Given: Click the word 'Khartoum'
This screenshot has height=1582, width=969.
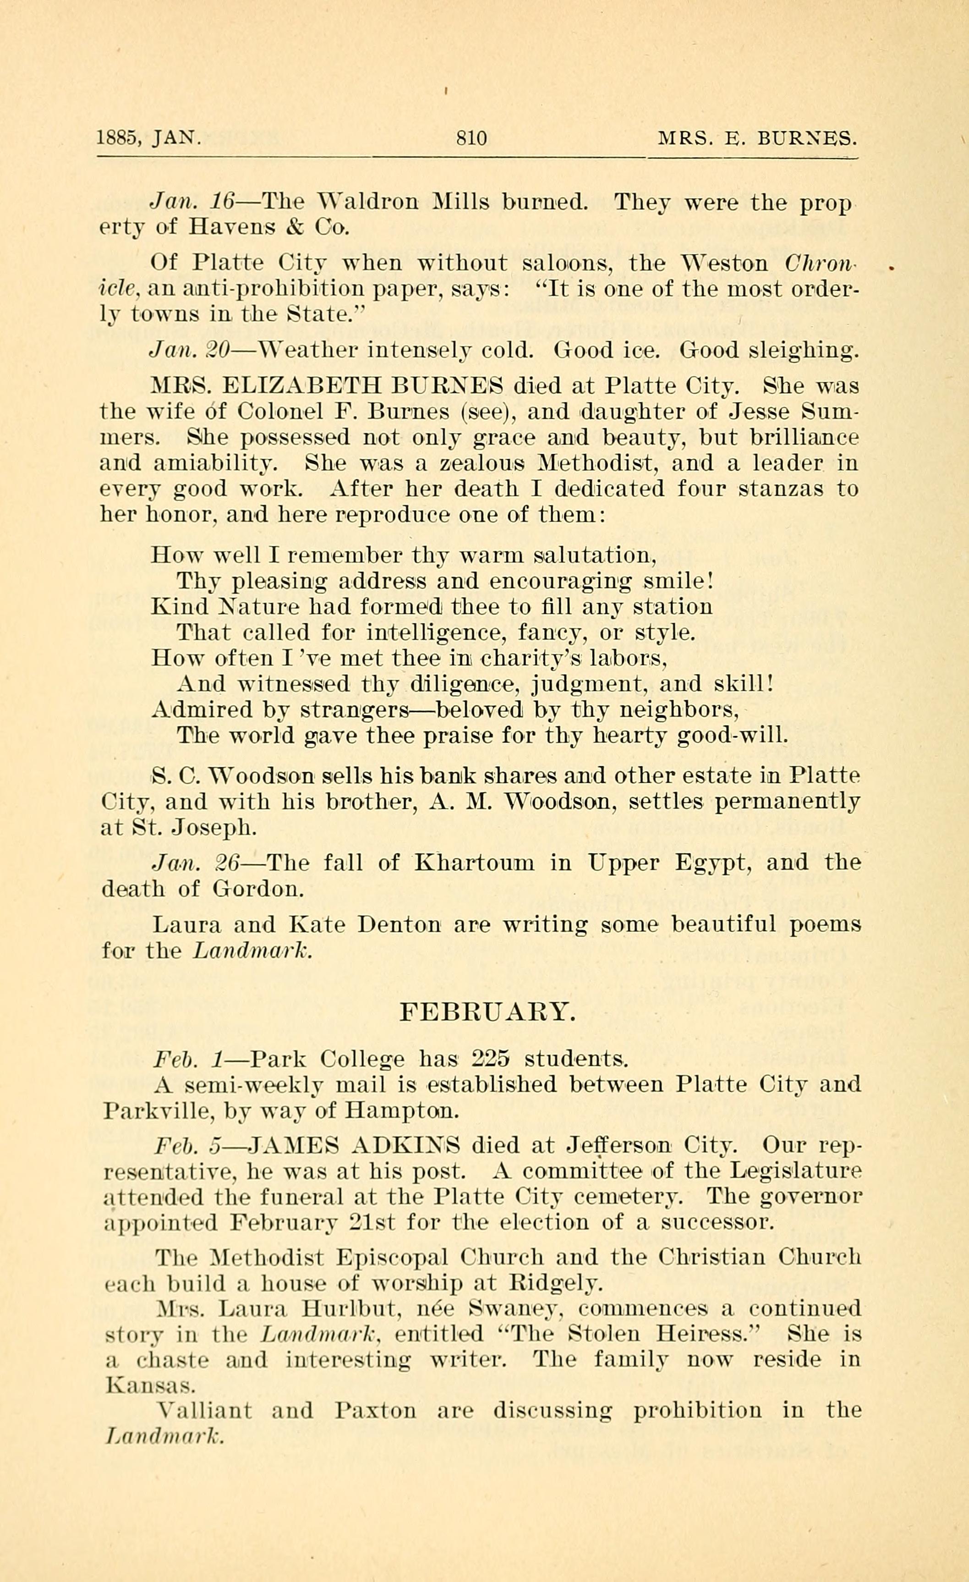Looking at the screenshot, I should tap(474, 862).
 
